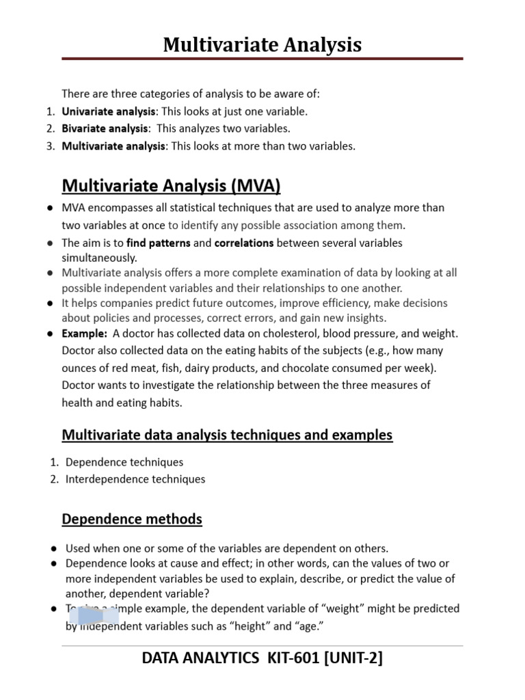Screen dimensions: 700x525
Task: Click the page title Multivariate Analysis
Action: (x=262, y=45)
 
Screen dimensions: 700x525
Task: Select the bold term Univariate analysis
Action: (x=109, y=111)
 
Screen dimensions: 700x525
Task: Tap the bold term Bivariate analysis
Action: (x=105, y=129)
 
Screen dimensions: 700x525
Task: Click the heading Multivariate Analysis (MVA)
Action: (x=171, y=185)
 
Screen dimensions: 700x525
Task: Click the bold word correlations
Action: (x=244, y=243)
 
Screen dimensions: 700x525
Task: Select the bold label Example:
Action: (x=84, y=334)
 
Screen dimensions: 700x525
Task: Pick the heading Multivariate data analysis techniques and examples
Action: (x=227, y=435)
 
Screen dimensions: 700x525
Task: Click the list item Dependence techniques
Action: (x=124, y=462)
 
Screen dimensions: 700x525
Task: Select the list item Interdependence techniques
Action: (x=135, y=479)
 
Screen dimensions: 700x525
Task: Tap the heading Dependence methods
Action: (x=132, y=519)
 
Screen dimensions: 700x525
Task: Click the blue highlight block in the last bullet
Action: (x=97, y=617)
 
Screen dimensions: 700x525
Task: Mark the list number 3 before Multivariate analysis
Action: (x=51, y=146)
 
